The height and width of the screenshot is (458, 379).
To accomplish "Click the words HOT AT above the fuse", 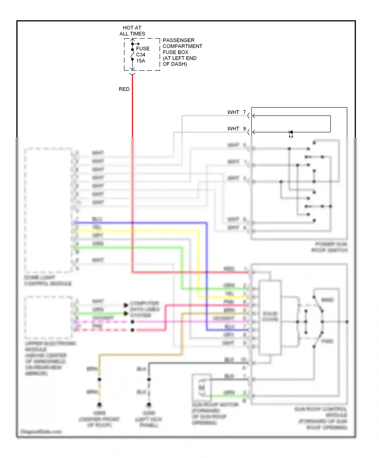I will pyautogui.click(x=132, y=28).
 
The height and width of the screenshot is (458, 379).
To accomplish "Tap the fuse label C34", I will pyautogui.click(x=141, y=55).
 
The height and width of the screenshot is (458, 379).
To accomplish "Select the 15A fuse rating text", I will pyautogui.click(x=141, y=61).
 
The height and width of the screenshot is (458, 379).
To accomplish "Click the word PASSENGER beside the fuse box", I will pyautogui.click(x=178, y=40).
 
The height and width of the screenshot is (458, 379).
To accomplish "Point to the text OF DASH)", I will pyautogui.click(x=175, y=64).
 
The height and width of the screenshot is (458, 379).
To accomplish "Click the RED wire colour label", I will pyautogui.click(x=124, y=89).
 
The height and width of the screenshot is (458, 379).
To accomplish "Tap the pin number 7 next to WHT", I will pyautogui.click(x=245, y=112).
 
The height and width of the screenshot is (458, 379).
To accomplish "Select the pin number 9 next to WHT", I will pyautogui.click(x=245, y=129).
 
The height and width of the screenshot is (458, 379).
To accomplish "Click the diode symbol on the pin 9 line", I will pyautogui.click(x=291, y=132).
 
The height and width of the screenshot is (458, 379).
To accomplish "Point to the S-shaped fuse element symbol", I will pyautogui.click(x=132, y=55).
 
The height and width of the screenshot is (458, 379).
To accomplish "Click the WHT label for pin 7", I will pyautogui.click(x=233, y=112).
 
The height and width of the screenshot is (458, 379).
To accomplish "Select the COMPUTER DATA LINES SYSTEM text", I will pyautogui.click(x=145, y=309).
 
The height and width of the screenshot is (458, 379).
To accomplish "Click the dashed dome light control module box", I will pyautogui.click(x=48, y=210).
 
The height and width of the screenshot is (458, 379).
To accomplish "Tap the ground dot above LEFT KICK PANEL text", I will pyautogui.click(x=149, y=405).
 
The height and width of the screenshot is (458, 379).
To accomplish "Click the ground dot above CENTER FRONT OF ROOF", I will pyautogui.click(x=99, y=405).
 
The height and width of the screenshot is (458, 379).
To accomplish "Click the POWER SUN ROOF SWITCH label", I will pyautogui.click(x=330, y=247).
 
